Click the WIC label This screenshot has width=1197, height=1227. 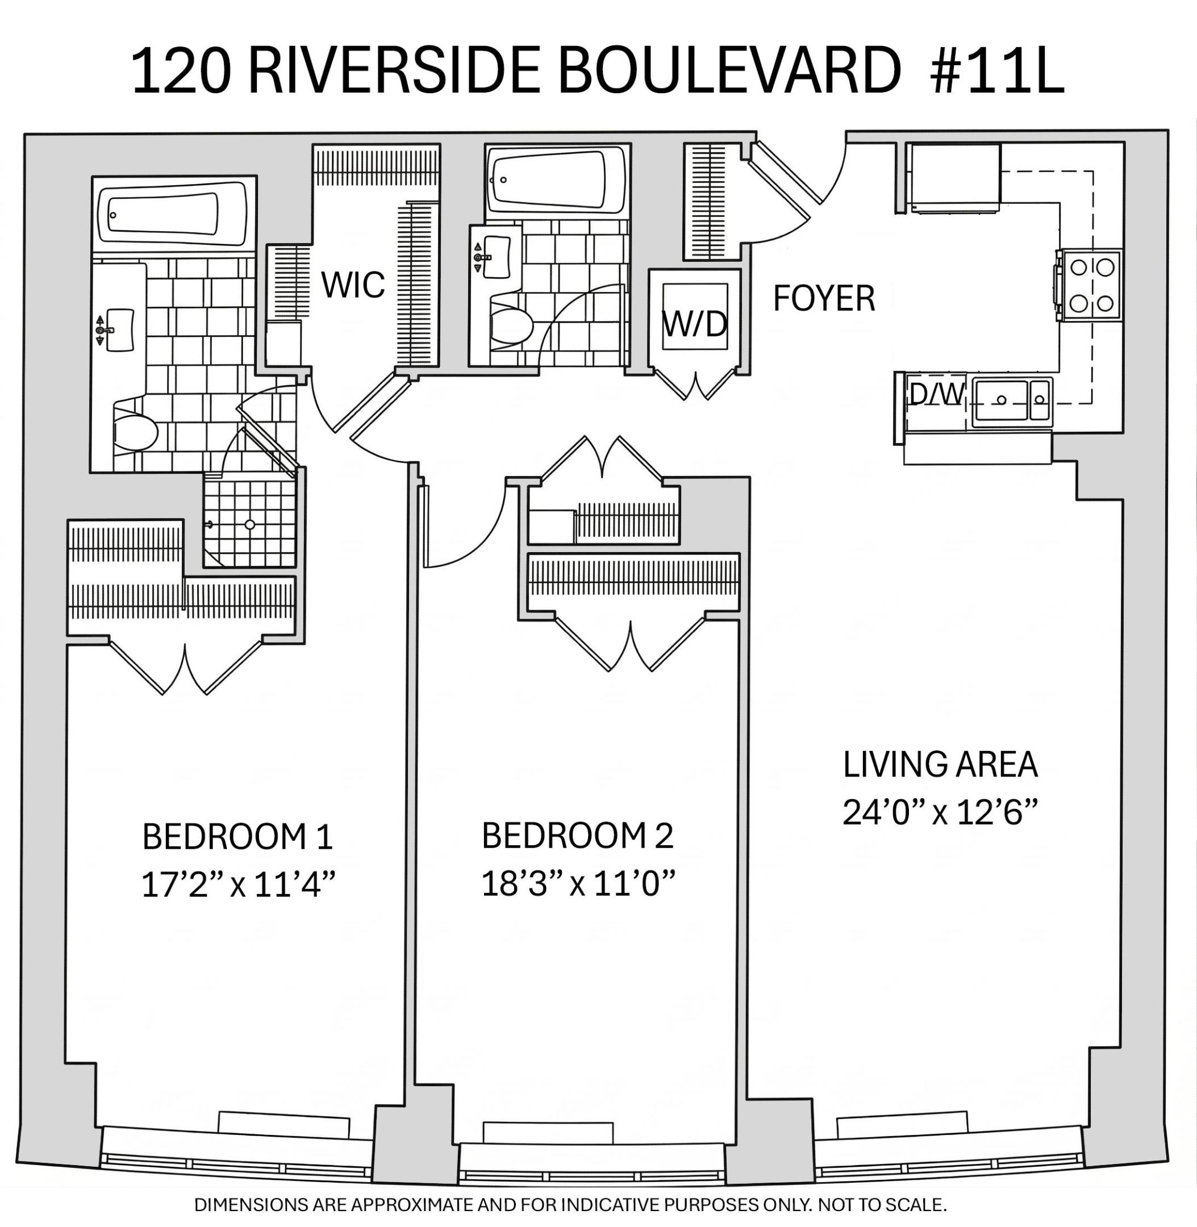353,285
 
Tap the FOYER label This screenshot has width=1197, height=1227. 824,299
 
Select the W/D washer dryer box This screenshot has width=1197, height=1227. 695,317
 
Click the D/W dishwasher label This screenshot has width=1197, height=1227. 936,395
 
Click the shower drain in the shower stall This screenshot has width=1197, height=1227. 250,525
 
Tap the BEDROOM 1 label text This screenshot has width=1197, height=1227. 237,837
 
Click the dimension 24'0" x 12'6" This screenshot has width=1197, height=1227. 939,813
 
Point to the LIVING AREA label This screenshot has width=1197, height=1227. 940,765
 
